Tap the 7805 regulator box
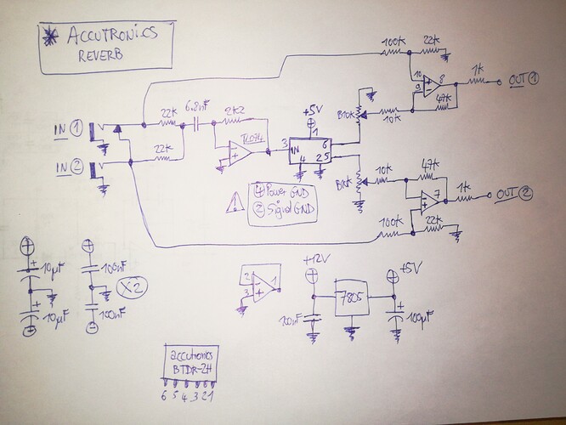[x=351, y=298]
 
